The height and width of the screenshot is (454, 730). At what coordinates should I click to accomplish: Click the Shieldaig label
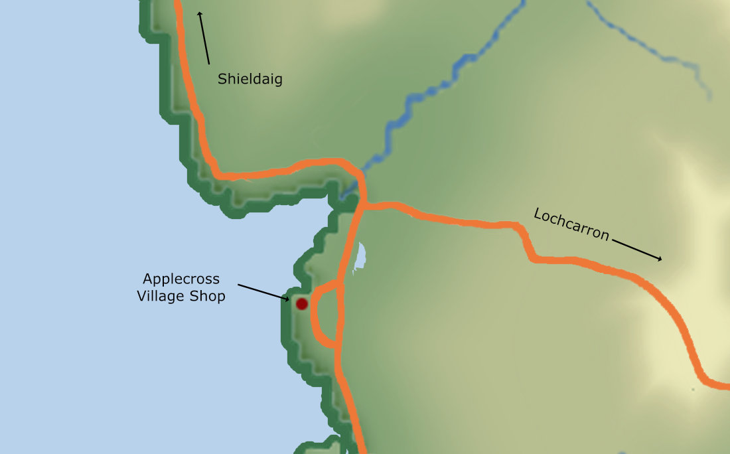coord(250,80)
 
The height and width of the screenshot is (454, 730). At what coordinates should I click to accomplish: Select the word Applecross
coord(181,279)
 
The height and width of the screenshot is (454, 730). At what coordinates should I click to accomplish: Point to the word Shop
coord(210,296)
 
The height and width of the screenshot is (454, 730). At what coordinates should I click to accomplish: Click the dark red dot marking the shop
coord(302,304)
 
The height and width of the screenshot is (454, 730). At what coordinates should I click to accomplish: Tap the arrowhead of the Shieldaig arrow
coord(199,14)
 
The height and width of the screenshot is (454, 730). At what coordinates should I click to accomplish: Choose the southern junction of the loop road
coord(337,346)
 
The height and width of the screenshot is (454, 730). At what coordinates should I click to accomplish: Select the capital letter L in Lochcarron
coord(538,214)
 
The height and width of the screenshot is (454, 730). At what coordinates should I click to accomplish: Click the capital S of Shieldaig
coord(222,80)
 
